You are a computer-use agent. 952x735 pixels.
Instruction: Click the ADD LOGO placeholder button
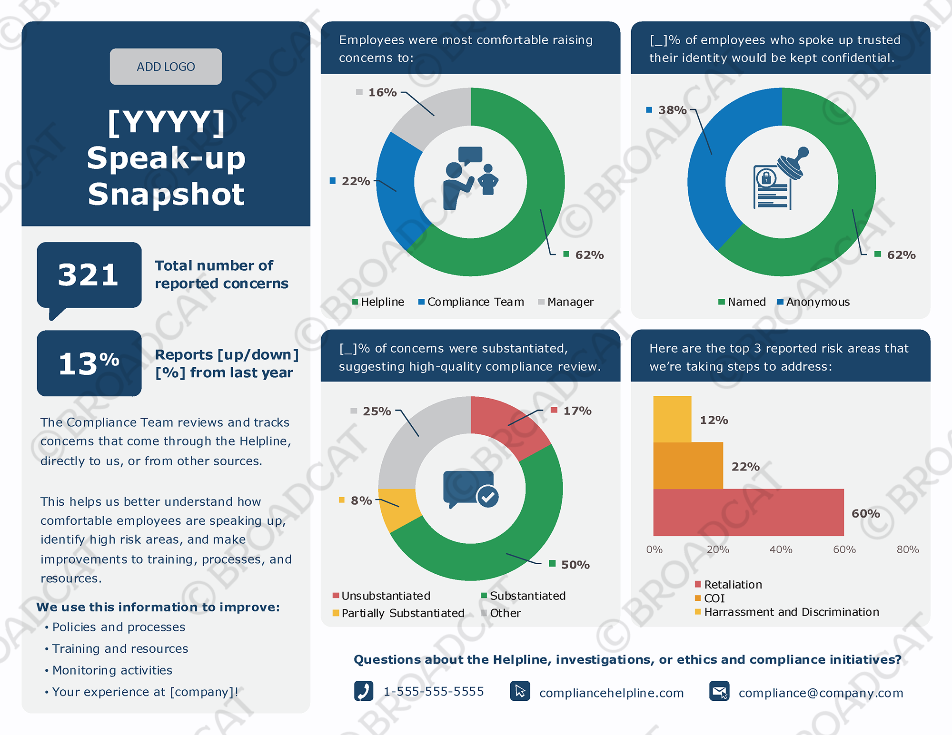pyautogui.click(x=166, y=67)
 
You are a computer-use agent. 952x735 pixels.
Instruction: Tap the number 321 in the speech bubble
pyautogui.click(x=89, y=275)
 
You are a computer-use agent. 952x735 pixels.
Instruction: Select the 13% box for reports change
pyautogui.click(x=89, y=363)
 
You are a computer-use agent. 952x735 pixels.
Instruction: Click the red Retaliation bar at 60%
pyautogui.click(x=748, y=512)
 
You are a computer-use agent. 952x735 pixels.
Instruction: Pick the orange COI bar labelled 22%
pyautogui.click(x=688, y=466)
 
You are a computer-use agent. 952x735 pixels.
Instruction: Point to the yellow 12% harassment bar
pyautogui.click(x=672, y=419)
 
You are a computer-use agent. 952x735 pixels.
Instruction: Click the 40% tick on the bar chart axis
pyautogui.click(x=781, y=549)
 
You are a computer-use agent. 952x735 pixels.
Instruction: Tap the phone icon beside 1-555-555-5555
pyautogui.click(x=364, y=691)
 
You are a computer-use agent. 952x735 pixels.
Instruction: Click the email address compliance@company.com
pyautogui.click(x=821, y=693)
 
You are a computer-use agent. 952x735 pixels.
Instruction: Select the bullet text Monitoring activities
pyautogui.click(x=112, y=670)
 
